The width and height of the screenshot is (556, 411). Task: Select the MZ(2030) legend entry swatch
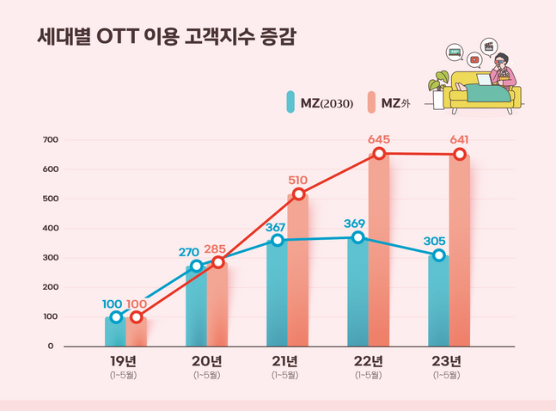[x=291, y=103]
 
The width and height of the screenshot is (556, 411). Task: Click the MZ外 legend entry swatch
[x=371, y=103]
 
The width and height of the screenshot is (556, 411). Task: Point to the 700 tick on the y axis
[x=50, y=139]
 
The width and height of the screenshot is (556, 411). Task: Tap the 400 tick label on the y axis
[x=50, y=228]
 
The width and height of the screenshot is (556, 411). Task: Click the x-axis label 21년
[x=284, y=360]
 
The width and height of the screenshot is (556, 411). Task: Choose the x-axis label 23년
[x=447, y=360]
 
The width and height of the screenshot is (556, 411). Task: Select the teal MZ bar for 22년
[x=357, y=292]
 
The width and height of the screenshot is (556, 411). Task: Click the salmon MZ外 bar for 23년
[x=460, y=249]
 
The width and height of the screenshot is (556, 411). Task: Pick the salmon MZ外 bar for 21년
[x=297, y=271]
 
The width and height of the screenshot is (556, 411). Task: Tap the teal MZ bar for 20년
[x=196, y=305]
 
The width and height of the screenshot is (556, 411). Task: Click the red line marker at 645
[x=378, y=154]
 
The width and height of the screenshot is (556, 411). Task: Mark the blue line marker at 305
[x=439, y=255]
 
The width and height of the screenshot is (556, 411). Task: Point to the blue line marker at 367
[x=277, y=241]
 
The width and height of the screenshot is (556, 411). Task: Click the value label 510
[x=297, y=180]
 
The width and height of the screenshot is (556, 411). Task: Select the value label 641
[x=459, y=139]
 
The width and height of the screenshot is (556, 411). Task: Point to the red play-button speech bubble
[x=474, y=59]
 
